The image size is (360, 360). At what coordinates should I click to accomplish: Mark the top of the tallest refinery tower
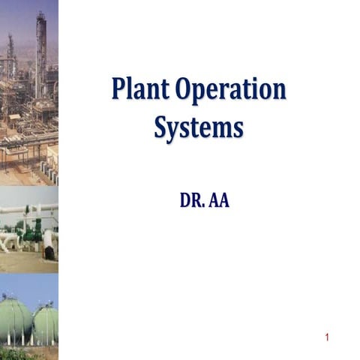tap(40, 13)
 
